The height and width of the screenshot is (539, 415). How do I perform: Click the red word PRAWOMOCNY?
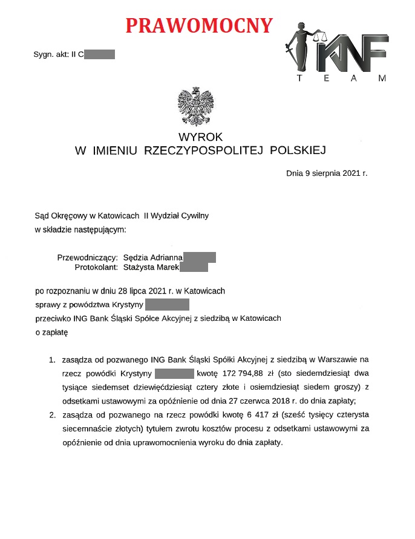pyautogui.click(x=199, y=25)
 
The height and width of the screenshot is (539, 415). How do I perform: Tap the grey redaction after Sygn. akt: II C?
pyautogui.click(x=99, y=55)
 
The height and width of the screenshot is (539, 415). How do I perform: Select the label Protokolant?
pyautogui.click(x=96, y=267)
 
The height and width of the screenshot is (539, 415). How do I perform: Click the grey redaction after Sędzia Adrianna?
pyautogui.click(x=199, y=257)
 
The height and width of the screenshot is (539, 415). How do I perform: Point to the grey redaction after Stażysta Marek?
pyautogui.click(x=194, y=267)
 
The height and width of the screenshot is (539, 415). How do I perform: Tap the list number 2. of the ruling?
pyautogui.click(x=53, y=415)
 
